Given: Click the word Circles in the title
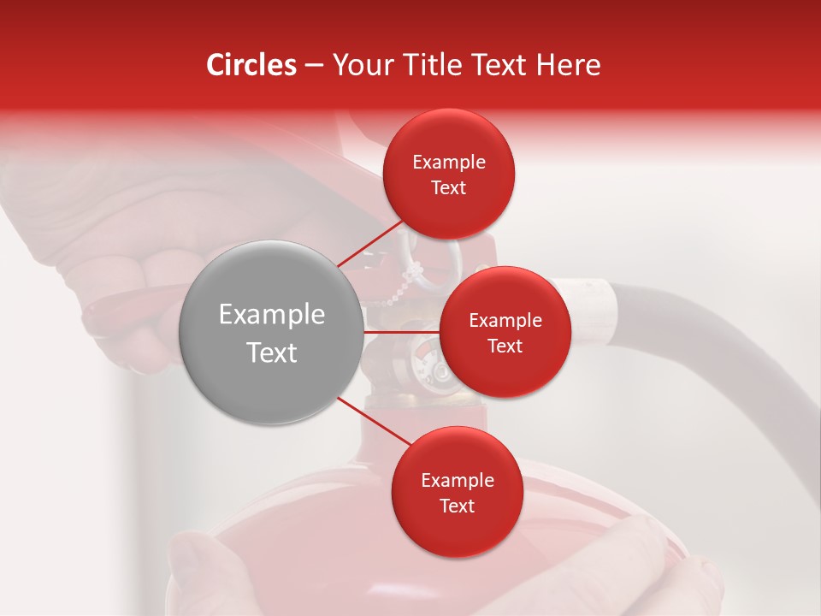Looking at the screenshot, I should click(x=251, y=65).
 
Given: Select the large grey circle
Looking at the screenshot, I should click(x=271, y=332).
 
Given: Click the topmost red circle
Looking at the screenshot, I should click(x=449, y=174).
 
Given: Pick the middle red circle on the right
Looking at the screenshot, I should click(x=505, y=332).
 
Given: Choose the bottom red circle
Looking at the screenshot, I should click(x=457, y=492).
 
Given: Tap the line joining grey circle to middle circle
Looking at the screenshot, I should click(x=400, y=332).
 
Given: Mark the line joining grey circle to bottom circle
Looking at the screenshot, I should click(x=374, y=422).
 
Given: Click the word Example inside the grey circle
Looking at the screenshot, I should click(x=271, y=315).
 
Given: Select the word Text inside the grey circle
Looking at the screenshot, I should click(x=271, y=352).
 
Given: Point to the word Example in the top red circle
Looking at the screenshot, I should click(x=449, y=163).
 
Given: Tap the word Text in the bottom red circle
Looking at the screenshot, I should click(x=457, y=506).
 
